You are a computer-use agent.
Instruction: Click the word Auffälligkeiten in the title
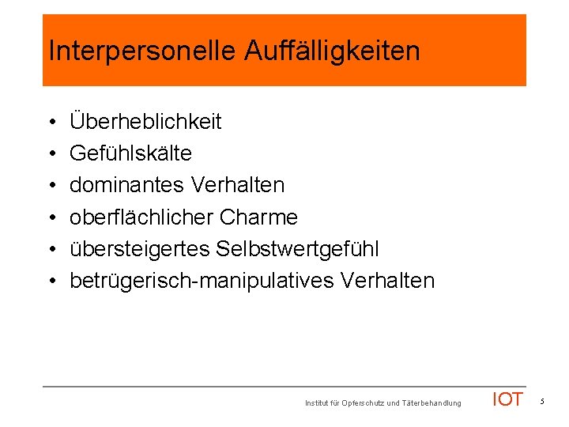point(332,51)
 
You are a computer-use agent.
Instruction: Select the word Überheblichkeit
point(145,122)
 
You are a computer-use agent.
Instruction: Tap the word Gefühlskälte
point(130,153)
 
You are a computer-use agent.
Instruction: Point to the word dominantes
point(126,185)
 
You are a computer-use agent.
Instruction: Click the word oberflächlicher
point(145,217)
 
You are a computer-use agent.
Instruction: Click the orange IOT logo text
point(507,399)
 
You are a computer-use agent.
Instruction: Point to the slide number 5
point(543,402)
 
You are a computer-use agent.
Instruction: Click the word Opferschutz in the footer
point(361,403)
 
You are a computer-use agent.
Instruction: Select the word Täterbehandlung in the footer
point(431,403)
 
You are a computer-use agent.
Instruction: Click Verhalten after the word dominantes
point(237,185)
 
